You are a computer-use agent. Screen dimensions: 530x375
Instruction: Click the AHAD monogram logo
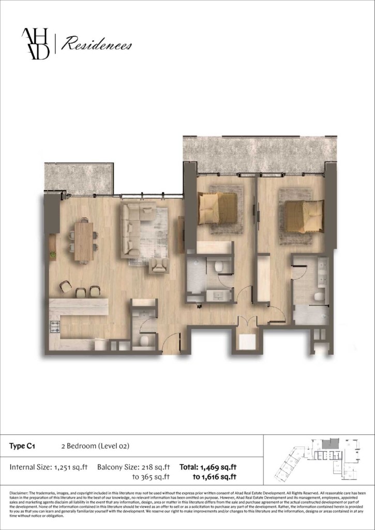36,44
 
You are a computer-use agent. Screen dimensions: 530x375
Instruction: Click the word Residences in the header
97,46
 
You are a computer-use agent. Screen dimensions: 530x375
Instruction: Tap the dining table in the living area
83,241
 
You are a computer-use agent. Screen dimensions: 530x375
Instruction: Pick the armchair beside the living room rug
159,265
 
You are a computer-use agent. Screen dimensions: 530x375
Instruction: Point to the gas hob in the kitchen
55,327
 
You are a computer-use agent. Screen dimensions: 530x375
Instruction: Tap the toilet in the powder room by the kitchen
144,340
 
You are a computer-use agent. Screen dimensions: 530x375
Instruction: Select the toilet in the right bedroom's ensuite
319,297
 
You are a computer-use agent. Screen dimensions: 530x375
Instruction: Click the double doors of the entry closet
247,321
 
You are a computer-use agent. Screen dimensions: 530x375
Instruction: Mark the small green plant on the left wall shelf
52,254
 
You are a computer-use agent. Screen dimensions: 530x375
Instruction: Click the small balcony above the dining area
79,178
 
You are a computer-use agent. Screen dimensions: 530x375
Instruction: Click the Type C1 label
22,446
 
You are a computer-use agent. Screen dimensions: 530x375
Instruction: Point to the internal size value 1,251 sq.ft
70,467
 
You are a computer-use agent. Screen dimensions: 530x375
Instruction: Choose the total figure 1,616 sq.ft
215,477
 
